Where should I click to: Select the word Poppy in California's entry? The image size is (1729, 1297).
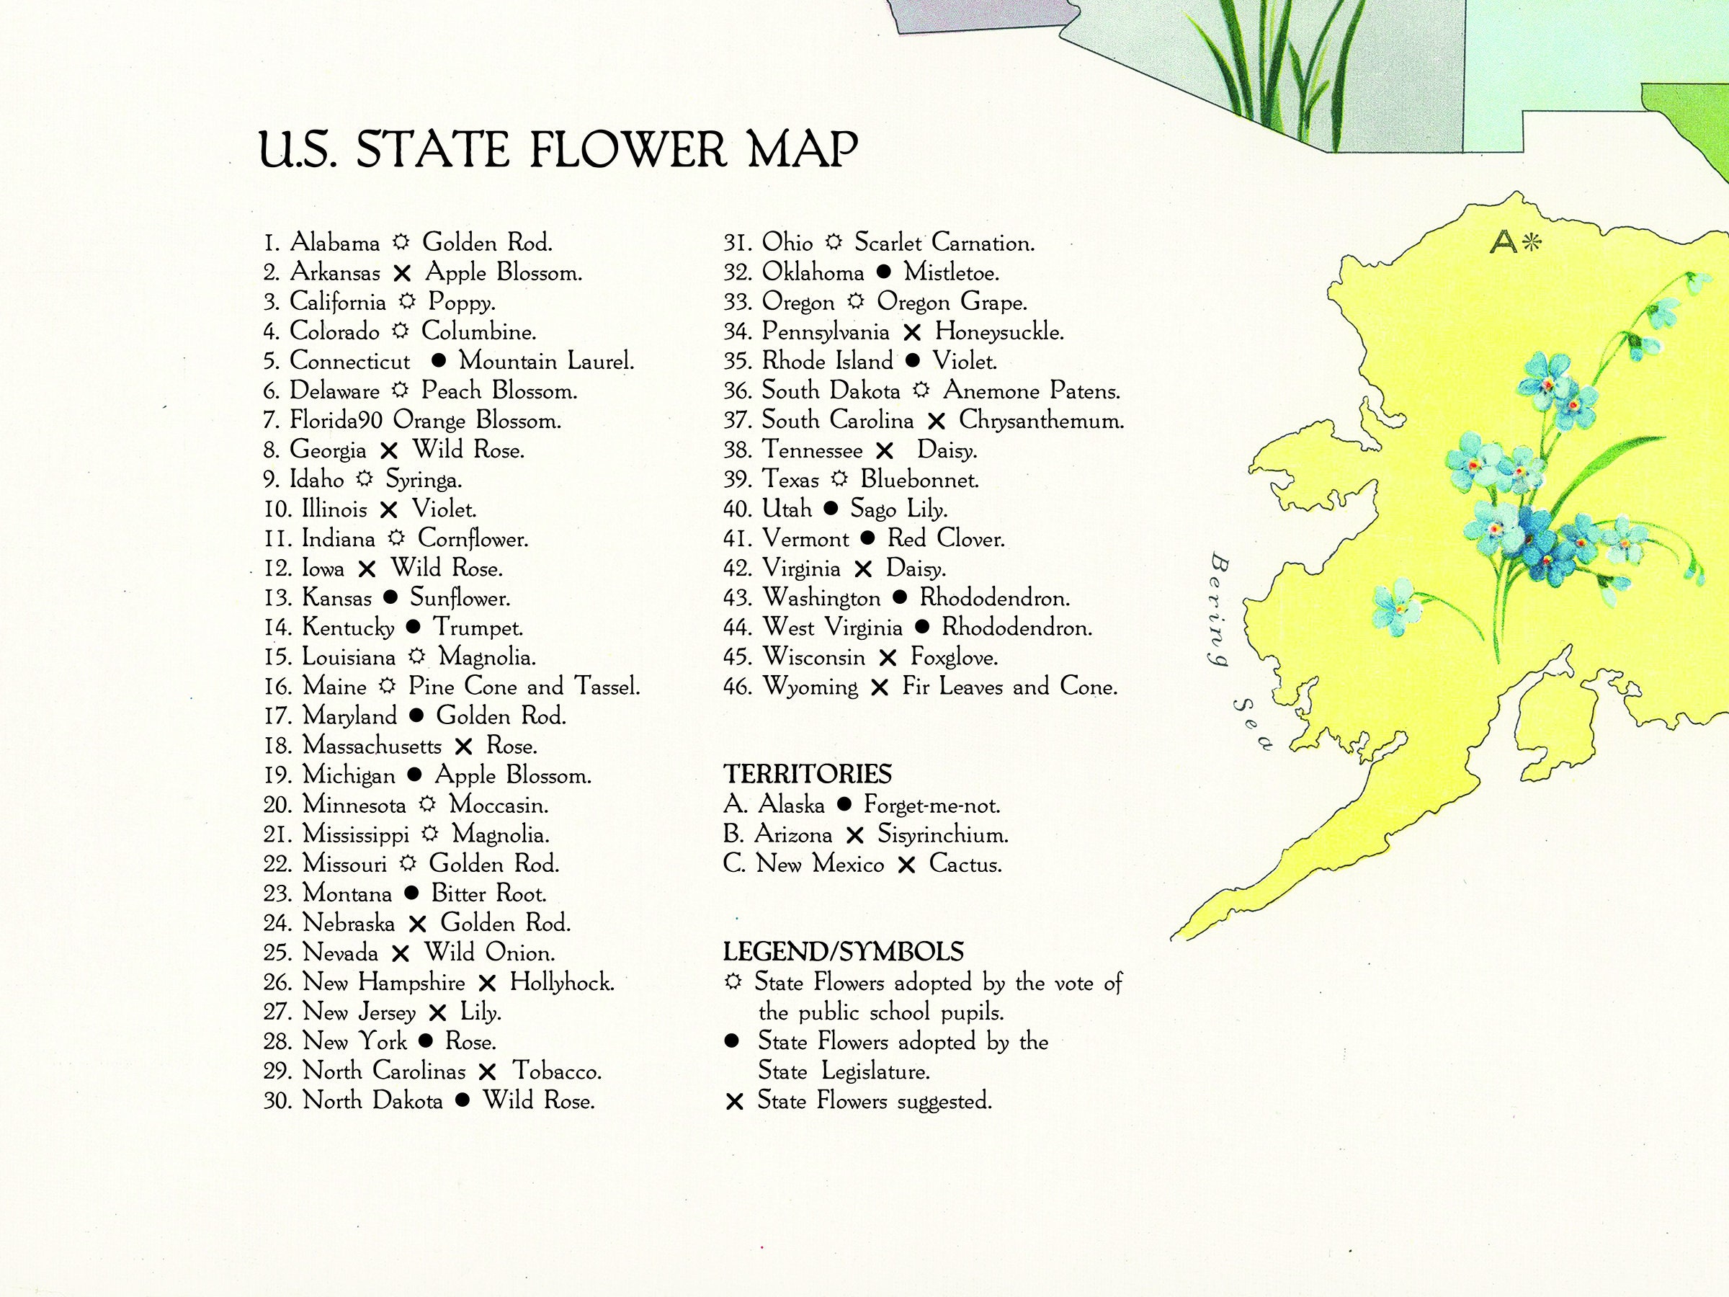click(x=461, y=303)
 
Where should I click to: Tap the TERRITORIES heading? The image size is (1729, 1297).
click(x=807, y=774)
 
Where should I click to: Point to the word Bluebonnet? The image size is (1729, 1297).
click(x=919, y=479)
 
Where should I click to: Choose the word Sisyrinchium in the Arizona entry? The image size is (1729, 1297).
click(x=942, y=834)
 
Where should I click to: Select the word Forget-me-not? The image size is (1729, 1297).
click(x=931, y=804)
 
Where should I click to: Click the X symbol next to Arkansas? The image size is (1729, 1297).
click(x=402, y=274)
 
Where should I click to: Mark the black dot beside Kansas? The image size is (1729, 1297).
click(x=390, y=598)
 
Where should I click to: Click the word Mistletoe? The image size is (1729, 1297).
click(x=951, y=272)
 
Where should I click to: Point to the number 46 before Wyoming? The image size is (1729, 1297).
click(x=737, y=687)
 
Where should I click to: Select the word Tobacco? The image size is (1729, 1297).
click(x=557, y=1071)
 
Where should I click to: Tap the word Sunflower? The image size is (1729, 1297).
click(x=460, y=598)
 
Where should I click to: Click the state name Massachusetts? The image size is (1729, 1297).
click(x=371, y=746)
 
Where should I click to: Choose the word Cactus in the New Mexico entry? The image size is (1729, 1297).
click(x=965, y=864)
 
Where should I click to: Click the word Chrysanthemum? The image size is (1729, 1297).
click(x=1041, y=421)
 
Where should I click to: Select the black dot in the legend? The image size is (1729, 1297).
click(x=733, y=1041)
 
